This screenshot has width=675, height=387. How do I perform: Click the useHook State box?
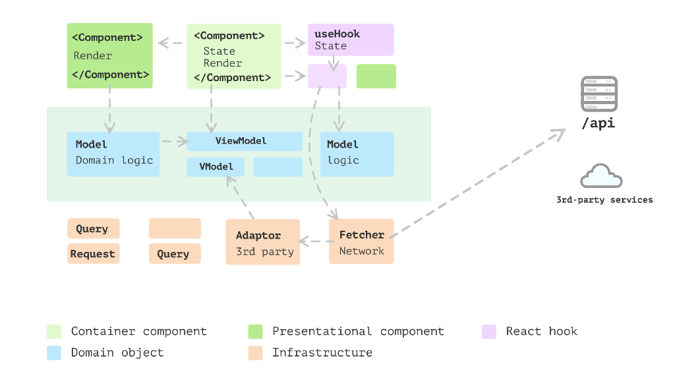pyautogui.click(x=351, y=40)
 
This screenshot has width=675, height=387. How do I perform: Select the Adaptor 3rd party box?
pyautogui.click(x=263, y=242)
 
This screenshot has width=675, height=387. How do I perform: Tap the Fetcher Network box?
pyautogui.click(x=361, y=242)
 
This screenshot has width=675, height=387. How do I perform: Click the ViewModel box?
pyautogui.click(x=245, y=141)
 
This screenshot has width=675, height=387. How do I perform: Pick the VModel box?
pyautogui.click(x=216, y=167)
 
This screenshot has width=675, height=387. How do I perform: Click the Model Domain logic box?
pyautogui.click(x=113, y=154)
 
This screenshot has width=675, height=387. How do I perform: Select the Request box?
pyautogui.click(x=94, y=254)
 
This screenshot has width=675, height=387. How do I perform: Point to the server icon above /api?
pyautogui.click(x=599, y=94)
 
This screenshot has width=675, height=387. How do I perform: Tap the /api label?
pyautogui.click(x=599, y=123)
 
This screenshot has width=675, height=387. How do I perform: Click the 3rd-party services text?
pyautogui.click(x=604, y=200)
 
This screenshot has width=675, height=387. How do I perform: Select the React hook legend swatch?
pyautogui.click(x=489, y=332)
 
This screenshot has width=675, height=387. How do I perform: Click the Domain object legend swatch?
pyautogui.click(x=54, y=353)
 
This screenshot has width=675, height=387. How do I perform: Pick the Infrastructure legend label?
pyautogui.click(x=322, y=353)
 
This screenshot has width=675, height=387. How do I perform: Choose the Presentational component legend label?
pyautogui.click(x=358, y=332)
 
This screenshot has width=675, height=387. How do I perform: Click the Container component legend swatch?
pyautogui.click(x=54, y=332)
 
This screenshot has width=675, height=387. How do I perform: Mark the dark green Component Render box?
pyautogui.click(x=109, y=55)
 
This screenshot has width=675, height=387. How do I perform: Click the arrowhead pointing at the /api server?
pyautogui.click(x=559, y=134)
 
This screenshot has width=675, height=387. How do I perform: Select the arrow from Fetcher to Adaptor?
pyautogui.click(x=314, y=241)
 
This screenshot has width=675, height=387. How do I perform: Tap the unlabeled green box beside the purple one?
pyautogui.click(x=376, y=76)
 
